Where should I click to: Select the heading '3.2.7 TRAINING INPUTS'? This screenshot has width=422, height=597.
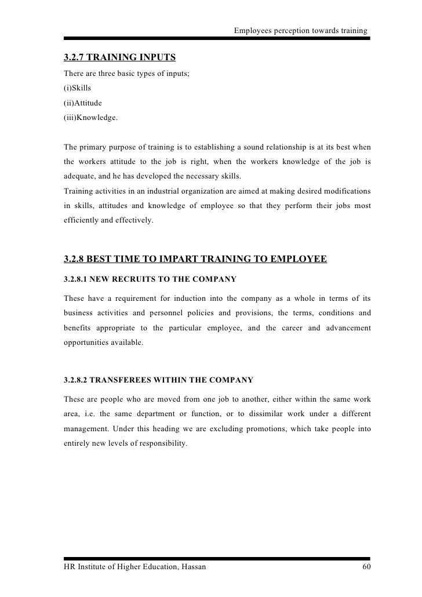point(119,57)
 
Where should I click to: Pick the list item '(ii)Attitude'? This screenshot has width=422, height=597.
point(83,103)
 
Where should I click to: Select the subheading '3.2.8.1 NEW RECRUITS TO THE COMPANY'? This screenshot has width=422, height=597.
point(150,279)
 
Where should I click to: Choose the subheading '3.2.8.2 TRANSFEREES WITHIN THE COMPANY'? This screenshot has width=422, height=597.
point(158,380)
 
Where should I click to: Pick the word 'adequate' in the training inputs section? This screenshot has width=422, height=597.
point(78,176)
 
